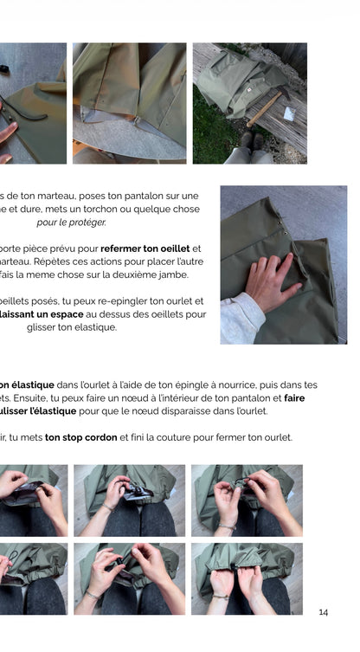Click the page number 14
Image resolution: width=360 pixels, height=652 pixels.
(323, 612)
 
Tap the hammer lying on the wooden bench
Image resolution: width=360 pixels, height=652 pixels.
(265, 108)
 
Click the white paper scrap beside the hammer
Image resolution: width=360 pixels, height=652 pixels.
(289, 113)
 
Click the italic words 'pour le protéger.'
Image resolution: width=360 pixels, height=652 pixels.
(71, 223)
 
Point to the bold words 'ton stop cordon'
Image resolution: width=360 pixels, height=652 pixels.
(80, 437)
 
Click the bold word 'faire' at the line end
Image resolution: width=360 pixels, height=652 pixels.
(293, 397)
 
